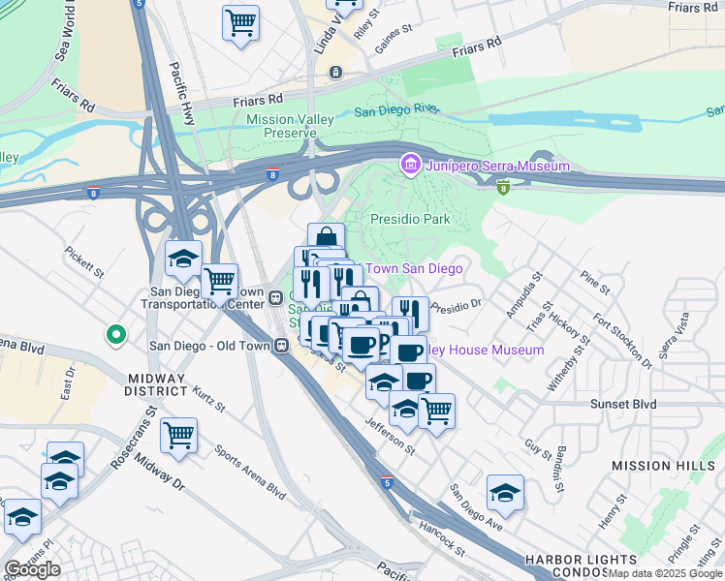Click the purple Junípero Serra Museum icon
(x=410, y=167)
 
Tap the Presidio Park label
(x=411, y=220)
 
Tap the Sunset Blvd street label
(x=624, y=404)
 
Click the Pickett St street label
(x=85, y=260)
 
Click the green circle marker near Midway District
(x=115, y=335)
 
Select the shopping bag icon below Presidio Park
(x=327, y=239)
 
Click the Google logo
(x=31, y=569)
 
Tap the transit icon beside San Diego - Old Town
(x=280, y=344)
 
